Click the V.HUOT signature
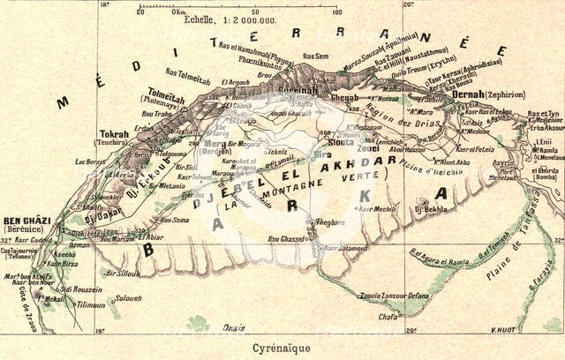pos(504,332)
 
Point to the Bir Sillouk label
pos(123,274)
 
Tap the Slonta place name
pos(341,141)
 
